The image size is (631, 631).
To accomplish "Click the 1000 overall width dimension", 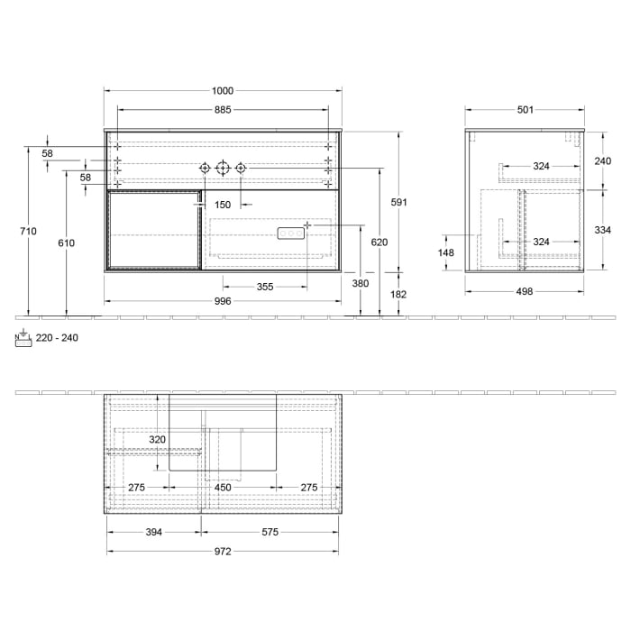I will (x=223, y=90).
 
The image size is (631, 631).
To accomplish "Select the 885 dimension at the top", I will (x=223, y=110).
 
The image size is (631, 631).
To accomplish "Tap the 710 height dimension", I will (x=28, y=232).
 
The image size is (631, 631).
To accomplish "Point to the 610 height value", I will (x=65, y=243).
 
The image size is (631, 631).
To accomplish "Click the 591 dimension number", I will (x=398, y=202).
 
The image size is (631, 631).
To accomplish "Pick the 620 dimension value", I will (x=380, y=242).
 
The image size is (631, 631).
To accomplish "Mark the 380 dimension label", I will (x=361, y=282).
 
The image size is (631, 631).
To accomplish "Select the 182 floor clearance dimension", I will (x=398, y=295).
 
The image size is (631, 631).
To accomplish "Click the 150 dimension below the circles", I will (x=223, y=205).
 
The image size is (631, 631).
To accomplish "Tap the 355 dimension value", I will (x=264, y=287).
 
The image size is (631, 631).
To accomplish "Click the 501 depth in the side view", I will (x=526, y=110).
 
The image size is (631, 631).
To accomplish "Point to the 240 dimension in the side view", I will (x=603, y=160).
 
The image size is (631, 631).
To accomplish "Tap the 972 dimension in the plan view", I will (x=223, y=553).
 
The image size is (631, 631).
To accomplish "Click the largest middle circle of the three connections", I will (x=223, y=168).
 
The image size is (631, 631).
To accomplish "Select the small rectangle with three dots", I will (x=291, y=233).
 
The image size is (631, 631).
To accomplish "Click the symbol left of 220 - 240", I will (x=23, y=337).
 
